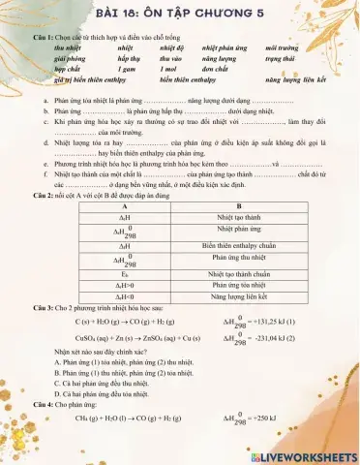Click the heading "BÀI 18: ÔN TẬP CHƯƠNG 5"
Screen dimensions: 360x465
[x=180, y=15]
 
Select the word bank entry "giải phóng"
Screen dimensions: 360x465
[x=73, y=57]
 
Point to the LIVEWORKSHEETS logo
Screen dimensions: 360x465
[x=303, y=454]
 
